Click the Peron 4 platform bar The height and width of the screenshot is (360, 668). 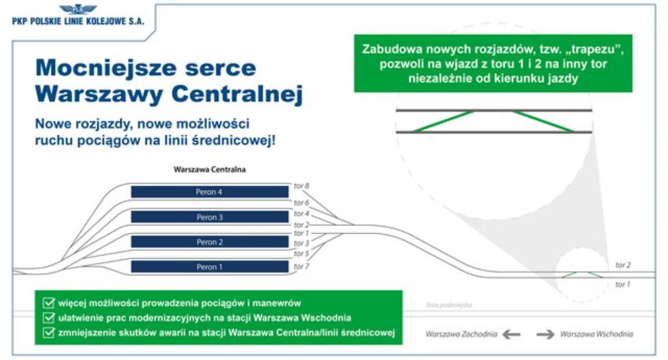point(210,192)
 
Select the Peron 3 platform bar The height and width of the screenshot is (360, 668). point(210,217)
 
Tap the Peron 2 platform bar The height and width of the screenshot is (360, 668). point(210,241)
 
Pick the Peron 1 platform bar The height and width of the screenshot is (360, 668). point(210,267)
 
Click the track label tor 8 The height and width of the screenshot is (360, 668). point(302,186)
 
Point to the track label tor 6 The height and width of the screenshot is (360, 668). point(302,203)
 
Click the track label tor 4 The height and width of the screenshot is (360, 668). point(302,214)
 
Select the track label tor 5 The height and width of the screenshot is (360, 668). point(302,254)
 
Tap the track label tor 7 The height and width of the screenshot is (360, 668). point(302,266)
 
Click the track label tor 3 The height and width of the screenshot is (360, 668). point(302,243)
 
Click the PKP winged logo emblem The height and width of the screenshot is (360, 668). point(78,9)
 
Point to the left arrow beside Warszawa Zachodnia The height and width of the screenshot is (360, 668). point(511,334)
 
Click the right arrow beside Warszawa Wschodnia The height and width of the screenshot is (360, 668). point(546,334)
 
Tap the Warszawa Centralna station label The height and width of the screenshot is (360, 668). point(210,170)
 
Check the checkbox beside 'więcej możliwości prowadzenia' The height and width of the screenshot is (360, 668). point(48,303)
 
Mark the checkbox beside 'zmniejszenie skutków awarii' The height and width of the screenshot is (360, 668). point(48,332)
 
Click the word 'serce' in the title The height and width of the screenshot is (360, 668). point(220,68)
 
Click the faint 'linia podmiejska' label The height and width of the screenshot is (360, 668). point(449,305)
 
